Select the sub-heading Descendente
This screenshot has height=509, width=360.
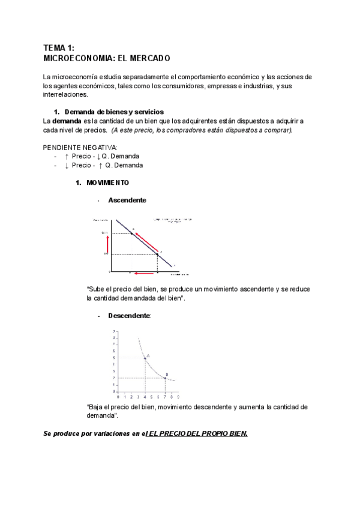point(129,315)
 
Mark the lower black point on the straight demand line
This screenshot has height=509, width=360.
point(157,254)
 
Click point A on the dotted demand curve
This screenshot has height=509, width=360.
point(145,358)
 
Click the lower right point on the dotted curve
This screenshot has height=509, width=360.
point(165,378)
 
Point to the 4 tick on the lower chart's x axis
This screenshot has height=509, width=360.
point(145,397)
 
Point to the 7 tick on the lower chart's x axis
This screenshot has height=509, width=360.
point(165,397)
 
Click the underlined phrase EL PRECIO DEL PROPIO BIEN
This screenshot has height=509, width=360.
point(197,433)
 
